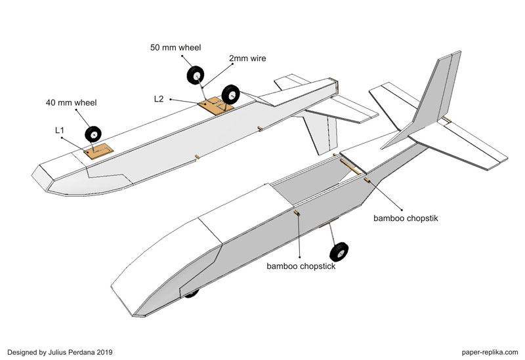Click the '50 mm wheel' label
pos(176,47)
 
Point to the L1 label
pos(60,131)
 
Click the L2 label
pos(158,99)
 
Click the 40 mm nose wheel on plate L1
pos(93,134)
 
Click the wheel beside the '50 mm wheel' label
pos(196,76)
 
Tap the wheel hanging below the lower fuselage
pos(339,254)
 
